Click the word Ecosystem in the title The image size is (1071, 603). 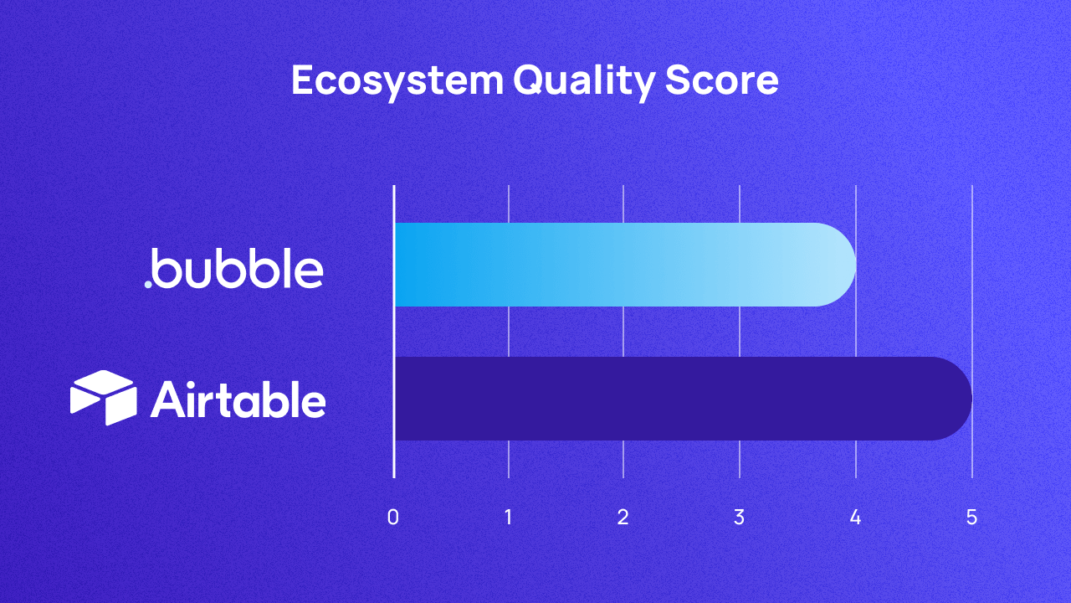pyautogui.click(x=397, y=81)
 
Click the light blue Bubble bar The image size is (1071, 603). pyautogui.click(x=619, y=265)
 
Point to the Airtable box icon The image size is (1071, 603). pyautogui.click(x=103, y=398)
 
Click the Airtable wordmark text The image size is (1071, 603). pyautogui.click(x=238, y=399)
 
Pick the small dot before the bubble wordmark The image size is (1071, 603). pyautogui.click(x=148, y=285)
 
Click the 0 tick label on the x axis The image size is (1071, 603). pyautogui.click(x=393, y=518)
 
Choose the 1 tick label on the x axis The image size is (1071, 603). pyautogui.click(x=509, y=518)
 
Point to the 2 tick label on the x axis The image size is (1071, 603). pyautogui.click(x=623, y=518)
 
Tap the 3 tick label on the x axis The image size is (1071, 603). pyautogui.click(x=739, y=518)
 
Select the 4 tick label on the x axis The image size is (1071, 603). pyautogui.click(x=855, y=518)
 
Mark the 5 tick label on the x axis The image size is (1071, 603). pyautogui.click(x=971, y=518)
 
